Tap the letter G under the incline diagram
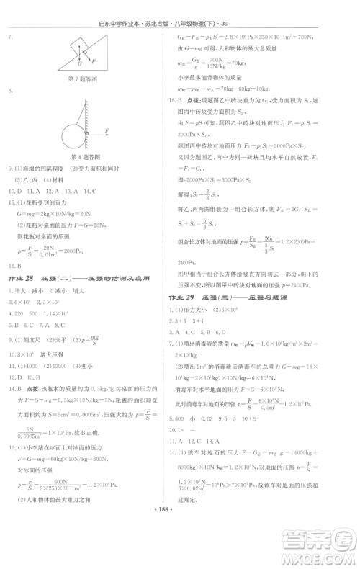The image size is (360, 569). [78, 64]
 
